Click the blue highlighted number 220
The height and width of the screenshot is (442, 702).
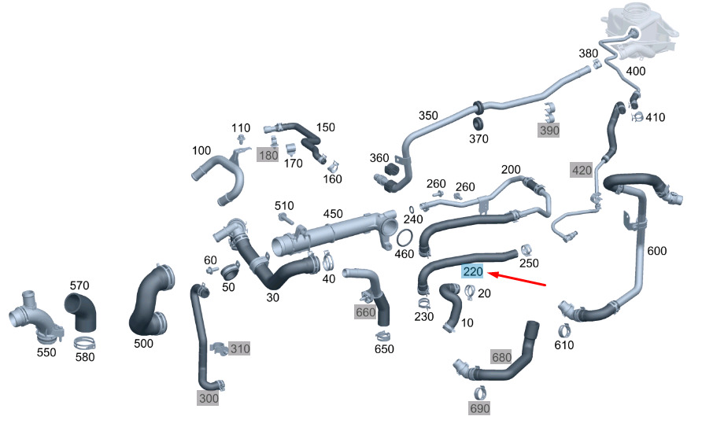(x=473, y=271)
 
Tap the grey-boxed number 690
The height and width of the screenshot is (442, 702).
(x=479, y=408)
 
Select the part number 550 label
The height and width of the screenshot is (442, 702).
(x=46, y=352)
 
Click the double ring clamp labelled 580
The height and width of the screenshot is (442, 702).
(x=84, y=343)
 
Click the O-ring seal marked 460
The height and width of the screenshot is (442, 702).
(x=405, y=238)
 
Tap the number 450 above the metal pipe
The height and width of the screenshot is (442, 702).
(x=333, y=214)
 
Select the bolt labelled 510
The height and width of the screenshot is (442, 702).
(x=286, y=219)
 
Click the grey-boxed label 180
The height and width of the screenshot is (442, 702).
(x=268, y=155)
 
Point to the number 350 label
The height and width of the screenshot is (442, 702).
(x=428, y=116)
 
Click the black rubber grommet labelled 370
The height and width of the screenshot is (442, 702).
(x=478, y=123)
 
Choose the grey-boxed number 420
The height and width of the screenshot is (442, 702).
(x=582, y=170)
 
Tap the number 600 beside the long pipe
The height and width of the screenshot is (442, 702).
(x=657, y=251)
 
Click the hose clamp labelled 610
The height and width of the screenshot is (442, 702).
(x=564, y=331)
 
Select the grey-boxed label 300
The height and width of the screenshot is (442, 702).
(x=209, y=398)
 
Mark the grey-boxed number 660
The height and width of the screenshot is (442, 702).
(x=365, y=311)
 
